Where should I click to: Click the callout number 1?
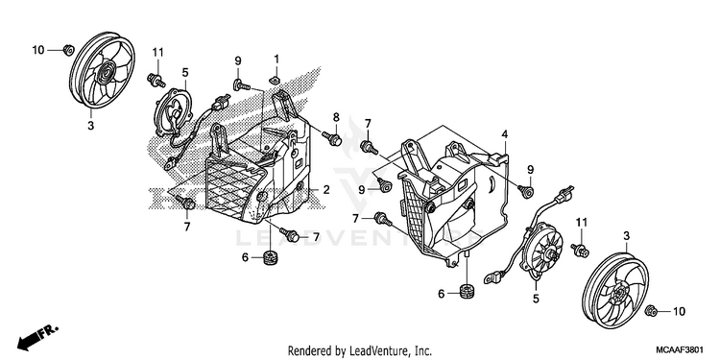[x=276, y=59]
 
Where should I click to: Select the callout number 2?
[x=326, y=189]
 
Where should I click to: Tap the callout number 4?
[x=504, y=134]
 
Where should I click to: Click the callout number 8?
[x=336, y=117]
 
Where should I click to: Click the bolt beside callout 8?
[x=332, y=137]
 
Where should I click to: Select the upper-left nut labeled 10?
[x=68, y=49]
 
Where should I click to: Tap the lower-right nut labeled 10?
[x=651, y=310]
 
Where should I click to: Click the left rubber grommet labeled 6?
[x=270, y=257]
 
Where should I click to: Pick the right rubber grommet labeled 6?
[x=467, y=292]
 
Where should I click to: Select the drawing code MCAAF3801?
[x=680, y=349]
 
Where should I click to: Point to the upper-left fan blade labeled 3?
[x=102, y=70]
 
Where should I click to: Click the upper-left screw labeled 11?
[x=156, y=81]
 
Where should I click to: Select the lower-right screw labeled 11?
[x=581, y=251]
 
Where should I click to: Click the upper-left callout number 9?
[x=238, y=60]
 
